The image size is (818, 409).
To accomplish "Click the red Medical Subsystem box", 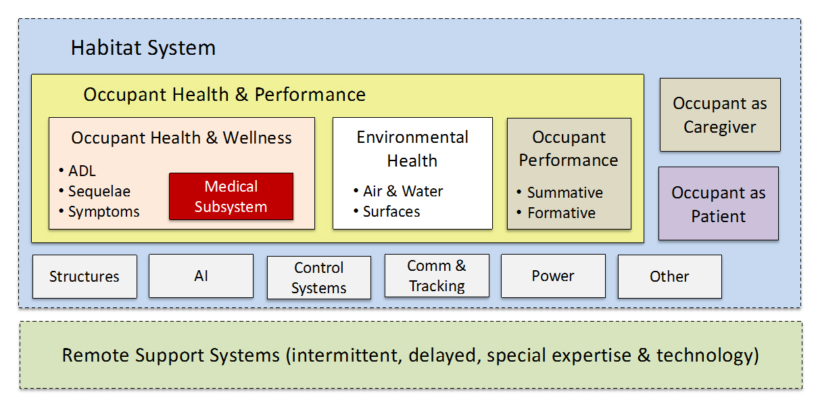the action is [231, 196].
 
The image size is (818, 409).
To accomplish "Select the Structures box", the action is [85, 276].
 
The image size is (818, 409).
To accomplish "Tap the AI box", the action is [201, 276].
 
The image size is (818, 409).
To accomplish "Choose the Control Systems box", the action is [319, 278].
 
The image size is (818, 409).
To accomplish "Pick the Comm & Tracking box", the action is [437, 276].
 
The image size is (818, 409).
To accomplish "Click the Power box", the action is [553, 276].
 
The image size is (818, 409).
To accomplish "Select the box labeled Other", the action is [670, 276].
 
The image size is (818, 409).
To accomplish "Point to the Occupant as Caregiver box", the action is [720, 114].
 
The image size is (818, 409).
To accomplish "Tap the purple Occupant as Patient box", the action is [719, 203].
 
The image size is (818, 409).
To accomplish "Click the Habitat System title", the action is [143, 47].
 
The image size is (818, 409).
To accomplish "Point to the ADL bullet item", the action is [77, 171].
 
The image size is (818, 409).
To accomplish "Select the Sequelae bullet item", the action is [95, 192].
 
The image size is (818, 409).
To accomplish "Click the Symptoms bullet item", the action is [99, 212].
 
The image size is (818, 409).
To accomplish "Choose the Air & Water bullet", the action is [398, 191].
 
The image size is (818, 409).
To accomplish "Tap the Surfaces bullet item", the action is [387, 211].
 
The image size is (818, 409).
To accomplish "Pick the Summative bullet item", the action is [560, 192].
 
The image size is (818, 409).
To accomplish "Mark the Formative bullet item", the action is [556, 213].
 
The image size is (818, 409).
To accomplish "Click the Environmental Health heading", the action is [412, 149].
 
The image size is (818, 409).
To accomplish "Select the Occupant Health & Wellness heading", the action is [181, 138].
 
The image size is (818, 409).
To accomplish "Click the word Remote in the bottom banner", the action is [96, 356].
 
